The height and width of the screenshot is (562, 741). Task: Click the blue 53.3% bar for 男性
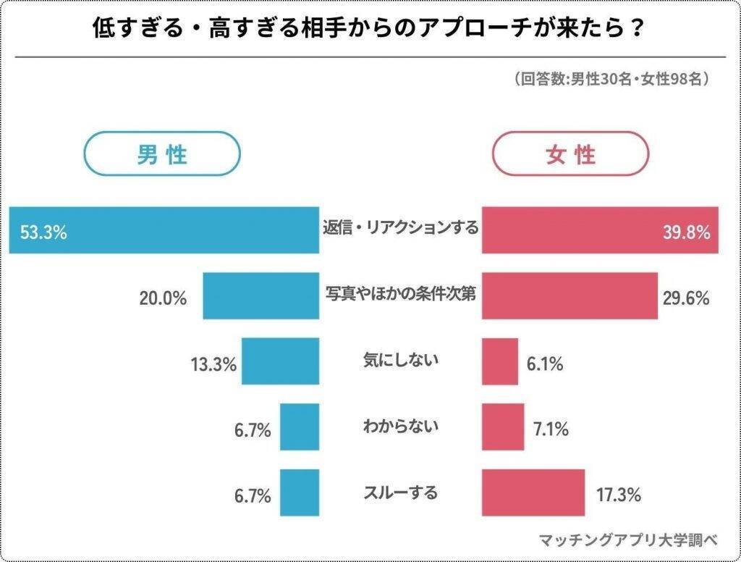164,230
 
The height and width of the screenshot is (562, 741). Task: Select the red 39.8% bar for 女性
600,230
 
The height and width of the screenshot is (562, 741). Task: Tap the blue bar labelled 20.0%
261,295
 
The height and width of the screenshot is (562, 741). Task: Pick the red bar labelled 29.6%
569,295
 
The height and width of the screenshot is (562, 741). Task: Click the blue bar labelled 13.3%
280,361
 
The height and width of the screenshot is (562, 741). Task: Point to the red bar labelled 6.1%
500,361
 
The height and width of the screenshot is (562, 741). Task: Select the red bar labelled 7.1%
503,427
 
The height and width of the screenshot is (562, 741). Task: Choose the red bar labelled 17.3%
533,492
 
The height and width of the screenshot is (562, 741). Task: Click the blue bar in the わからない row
300,427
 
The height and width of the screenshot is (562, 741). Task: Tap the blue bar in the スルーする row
300,492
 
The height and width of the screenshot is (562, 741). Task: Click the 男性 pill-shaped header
162,154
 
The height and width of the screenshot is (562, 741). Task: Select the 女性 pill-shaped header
571,154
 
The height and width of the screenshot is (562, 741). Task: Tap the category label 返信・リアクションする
400,228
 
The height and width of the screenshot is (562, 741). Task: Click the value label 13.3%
215,364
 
